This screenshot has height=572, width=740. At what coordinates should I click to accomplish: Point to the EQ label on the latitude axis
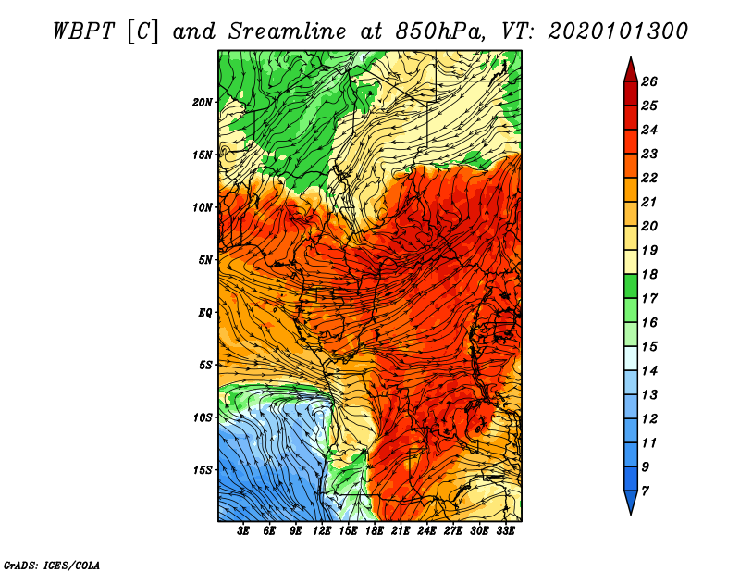(x=205, y=313)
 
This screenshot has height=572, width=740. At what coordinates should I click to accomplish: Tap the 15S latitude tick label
(x=203, y=470)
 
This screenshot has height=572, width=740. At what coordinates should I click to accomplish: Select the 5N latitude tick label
(x=205, y=260)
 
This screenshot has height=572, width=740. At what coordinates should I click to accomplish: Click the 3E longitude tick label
(x=244, y=531)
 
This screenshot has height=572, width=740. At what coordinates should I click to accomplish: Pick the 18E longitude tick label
(x=375, y=531)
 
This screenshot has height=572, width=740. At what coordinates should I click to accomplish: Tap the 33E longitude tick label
(x=505, y=531)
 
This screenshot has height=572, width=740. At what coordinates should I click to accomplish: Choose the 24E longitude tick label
(x=426, y=531)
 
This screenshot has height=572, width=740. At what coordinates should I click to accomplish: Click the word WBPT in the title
(x=82, y=30)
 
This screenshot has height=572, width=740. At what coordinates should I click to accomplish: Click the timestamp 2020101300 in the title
(x=618, y=30)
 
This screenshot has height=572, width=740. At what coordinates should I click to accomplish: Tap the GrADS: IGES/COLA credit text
(x=51, y=564)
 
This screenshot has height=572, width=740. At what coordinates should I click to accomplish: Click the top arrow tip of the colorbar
(x=631, y=60)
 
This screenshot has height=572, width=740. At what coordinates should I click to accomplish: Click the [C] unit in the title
(x=151, y=30)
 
